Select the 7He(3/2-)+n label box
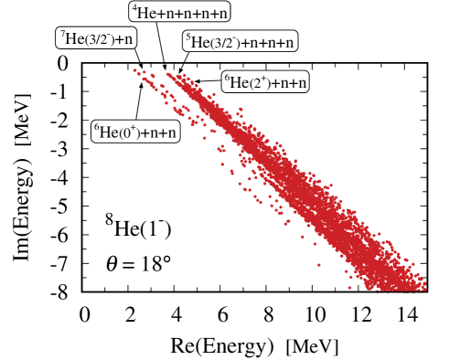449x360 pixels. coord(97,38)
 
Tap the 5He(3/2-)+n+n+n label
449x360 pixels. coord(241,41)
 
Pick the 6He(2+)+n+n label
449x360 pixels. coord(266,83)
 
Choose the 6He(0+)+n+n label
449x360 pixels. coord(135,132)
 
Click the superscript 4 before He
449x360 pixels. coord(134,7)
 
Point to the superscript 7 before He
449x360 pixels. coord(63,34)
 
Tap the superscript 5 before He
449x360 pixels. coord(187,37)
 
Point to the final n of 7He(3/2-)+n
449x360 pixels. coord(129,39)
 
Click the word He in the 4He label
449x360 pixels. coord(145,13)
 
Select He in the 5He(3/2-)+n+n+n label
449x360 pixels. coord(200,42)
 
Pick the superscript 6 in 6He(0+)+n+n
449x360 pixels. coord(96,127)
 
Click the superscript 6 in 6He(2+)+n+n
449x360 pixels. coord(227,78)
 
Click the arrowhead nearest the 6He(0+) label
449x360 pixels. coord(141,83)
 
